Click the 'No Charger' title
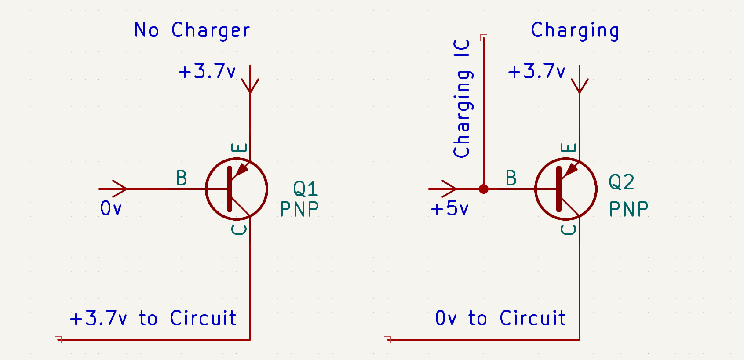192,30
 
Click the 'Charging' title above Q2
575,30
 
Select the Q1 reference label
305,189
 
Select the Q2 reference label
621,182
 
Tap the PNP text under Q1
299,209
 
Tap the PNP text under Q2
629,209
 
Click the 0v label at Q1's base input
110,208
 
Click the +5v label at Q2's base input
449,208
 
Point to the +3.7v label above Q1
207,71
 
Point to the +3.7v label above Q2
536,71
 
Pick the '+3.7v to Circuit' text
153,318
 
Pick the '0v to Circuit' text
500,318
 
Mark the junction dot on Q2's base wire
484,189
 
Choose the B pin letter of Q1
182,178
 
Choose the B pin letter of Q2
511,178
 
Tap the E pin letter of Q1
239,147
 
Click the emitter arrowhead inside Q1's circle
242,170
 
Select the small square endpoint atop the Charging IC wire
484,38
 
